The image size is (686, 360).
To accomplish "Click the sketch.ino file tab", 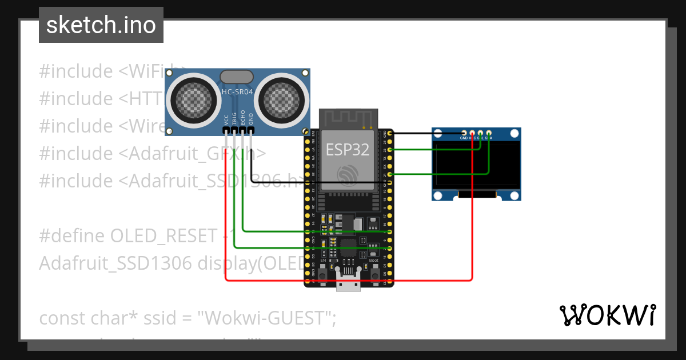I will click(101, 25).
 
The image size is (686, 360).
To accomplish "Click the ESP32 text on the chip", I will click(347, 150).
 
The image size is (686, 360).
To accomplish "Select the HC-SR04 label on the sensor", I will click(237, 91).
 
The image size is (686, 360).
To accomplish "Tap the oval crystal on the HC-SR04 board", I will click(237, 77).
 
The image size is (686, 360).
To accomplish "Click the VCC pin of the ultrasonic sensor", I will click(226, 130).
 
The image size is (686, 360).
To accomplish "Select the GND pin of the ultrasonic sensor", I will click(251, 130).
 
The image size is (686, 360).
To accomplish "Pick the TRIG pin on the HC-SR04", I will click(234, 130).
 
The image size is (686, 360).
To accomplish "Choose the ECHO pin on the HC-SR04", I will click(243, 130).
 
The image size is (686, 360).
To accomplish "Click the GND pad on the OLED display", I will click(464, 133).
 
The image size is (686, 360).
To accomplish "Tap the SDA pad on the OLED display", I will click(489, 133).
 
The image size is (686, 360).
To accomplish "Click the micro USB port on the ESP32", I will click(348, 284).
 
